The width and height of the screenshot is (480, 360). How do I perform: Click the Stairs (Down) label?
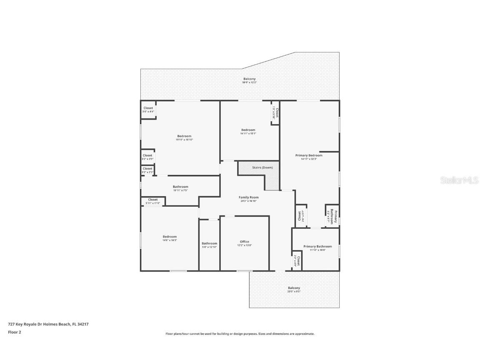(262, 167)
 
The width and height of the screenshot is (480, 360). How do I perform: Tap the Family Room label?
(248, 197)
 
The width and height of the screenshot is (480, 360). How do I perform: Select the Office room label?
(244, 242)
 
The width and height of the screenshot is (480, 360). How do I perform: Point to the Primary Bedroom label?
(309, 155)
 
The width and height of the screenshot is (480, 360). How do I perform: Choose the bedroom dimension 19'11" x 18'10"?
(184, 140)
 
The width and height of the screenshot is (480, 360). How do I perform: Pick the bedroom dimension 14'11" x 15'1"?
(248, 134)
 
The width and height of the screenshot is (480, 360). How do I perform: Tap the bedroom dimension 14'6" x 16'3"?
(170, 240)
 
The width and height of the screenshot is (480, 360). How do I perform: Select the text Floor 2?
(14, 332)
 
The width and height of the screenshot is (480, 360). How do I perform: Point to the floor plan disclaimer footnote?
(240, 334)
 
